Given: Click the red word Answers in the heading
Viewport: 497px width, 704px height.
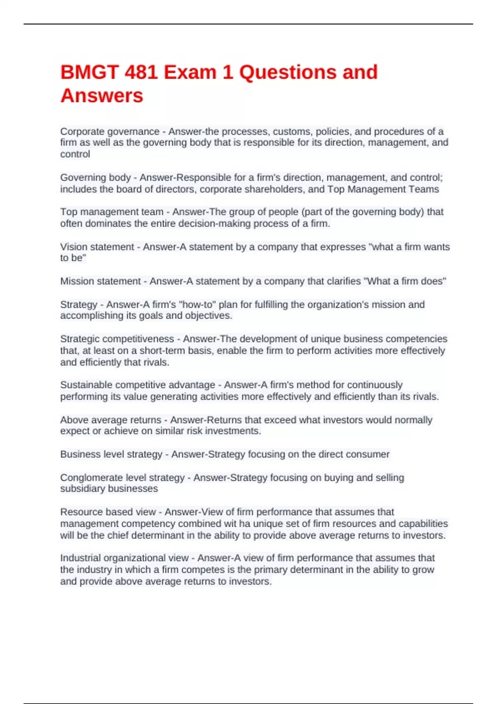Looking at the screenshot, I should click(x=102, y=96).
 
